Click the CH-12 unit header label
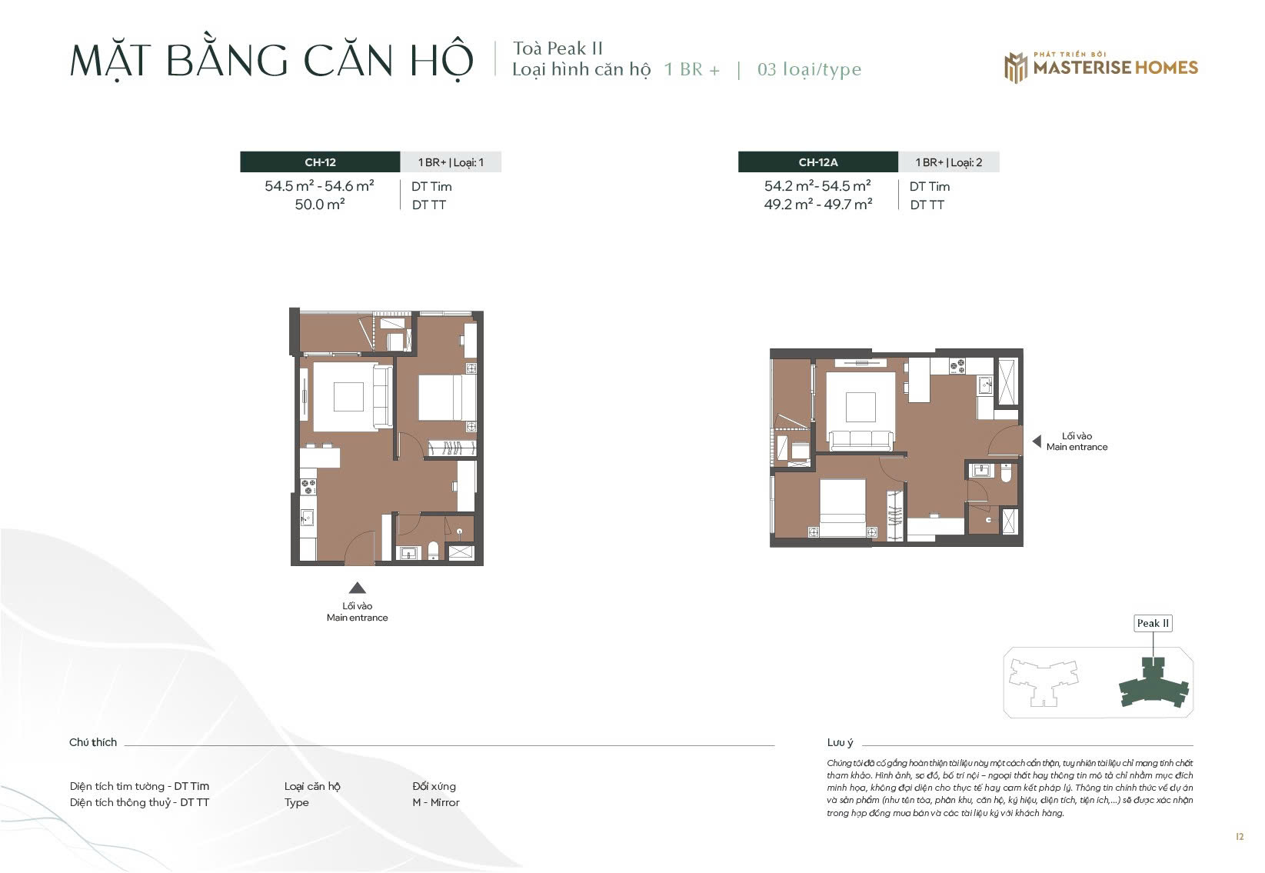(x=320, y=162)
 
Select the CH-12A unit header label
(x=817, y=162)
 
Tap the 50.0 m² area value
(x=320, y=204)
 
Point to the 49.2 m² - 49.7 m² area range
(x=817, y=204)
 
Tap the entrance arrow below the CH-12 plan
(x=357, y=588)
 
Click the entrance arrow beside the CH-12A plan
(x=1037, y=441)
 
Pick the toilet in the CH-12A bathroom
(x=1006, y=473)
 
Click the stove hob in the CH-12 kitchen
(x=308, y=486)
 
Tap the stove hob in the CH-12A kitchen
(x=957, y=366)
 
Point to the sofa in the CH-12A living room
(x=861, y=441)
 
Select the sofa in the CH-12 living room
(x=382, y=396)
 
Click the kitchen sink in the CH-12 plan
(x=308, y=517)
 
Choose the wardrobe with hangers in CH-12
(x=452, y=448)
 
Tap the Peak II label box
(x=1153, y=624)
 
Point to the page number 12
(x=1240, y=836)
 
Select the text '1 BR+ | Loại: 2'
(x=949, y=162)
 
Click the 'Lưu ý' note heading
(x=840, y=742)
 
